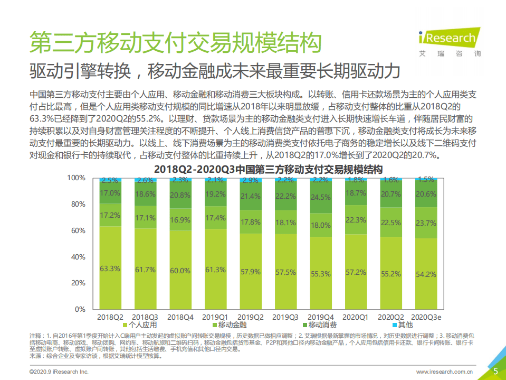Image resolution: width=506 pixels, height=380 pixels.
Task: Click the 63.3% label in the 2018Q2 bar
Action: click(x=110, y=268)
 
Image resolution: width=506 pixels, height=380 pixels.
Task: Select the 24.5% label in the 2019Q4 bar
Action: click(x=320, y=197)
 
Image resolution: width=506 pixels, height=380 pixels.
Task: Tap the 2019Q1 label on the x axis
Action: click(x=215, y=317)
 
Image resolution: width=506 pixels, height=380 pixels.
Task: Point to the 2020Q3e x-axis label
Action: click(x=425, y=317)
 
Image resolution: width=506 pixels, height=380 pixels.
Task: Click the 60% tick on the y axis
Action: click(x=77, y=230)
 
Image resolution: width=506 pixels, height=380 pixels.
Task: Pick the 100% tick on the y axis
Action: click(x=75, y=178)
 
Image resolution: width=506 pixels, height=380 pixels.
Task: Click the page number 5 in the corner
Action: click(x=495, y=371)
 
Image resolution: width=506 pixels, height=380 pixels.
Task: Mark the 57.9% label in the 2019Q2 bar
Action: click(x=250, y=272)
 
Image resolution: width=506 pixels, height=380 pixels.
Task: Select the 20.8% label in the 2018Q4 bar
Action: click(x=180, y=195)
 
